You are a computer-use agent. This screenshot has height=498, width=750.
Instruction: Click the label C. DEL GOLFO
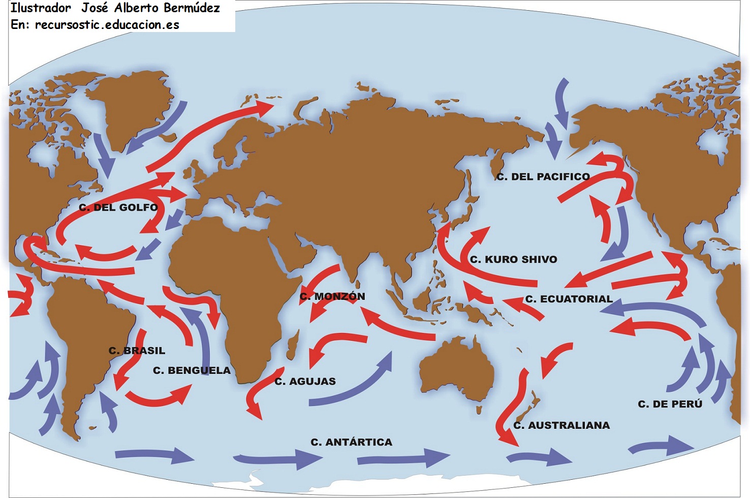tap(118, 207)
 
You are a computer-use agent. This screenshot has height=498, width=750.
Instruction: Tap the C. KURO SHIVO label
tap(513, 260)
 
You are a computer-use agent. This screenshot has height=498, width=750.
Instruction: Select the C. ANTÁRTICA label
tap(351, 442)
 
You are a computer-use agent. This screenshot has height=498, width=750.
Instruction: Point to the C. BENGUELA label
tap(192, 370)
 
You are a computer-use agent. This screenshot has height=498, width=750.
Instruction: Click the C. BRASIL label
tap(137, 351)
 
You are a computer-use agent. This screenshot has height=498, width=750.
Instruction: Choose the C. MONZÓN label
tap(332, 296)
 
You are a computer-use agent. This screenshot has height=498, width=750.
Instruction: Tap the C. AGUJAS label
tap(305, 381)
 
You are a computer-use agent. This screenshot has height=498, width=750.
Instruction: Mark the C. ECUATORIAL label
tap(569, 299)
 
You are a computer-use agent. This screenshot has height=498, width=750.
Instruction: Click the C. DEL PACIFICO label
tap(543, 177)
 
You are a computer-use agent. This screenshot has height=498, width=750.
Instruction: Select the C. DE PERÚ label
tap(670, 404)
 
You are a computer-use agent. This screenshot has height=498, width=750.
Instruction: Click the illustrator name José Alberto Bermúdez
tap(150, 8)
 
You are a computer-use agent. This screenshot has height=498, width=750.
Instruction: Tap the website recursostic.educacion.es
tap(107, 24)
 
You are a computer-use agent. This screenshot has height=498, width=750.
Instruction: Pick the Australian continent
tap(457, 368)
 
